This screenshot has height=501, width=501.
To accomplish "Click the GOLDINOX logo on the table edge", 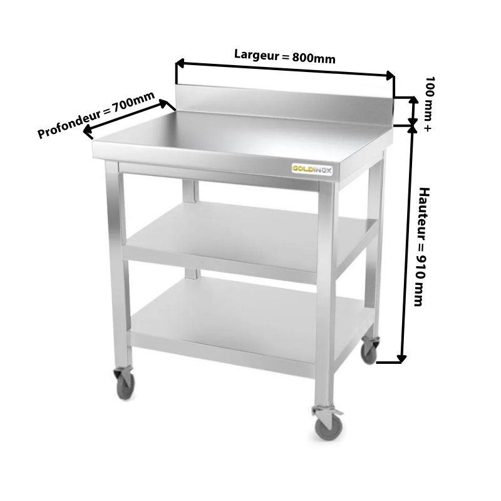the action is pos(312,168).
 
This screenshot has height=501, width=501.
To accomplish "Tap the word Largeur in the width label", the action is pos(257,54).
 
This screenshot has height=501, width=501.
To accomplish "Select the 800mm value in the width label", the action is pos(314,58).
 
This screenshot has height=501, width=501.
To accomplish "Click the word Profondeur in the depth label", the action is pos(69,123).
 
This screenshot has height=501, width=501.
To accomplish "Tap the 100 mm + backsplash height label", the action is pos(429,104).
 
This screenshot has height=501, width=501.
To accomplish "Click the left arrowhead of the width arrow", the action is pos(180,63).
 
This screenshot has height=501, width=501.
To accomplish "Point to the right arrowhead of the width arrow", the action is pos(390,76).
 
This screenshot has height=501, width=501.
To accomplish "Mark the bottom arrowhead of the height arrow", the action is pos(401,359).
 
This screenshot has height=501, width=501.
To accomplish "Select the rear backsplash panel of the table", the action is pos(284,104).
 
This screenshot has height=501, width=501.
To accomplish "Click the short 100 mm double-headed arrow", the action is pos(413,114).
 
